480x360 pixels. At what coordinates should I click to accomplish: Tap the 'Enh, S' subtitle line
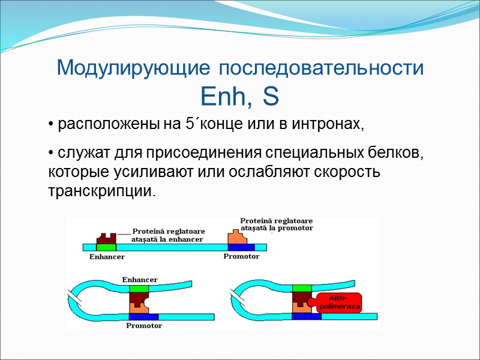240,95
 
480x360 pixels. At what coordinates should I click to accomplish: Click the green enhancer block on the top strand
106,247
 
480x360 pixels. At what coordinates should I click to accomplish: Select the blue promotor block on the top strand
241,247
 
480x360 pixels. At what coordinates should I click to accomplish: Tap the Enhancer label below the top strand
107,257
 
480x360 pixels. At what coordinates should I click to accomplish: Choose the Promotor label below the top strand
241,256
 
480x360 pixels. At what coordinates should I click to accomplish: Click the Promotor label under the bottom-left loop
144,326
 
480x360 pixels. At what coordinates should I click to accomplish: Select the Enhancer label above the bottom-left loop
140,280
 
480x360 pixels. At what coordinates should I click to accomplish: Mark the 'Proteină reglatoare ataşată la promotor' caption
277,224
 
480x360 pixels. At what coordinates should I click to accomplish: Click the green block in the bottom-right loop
303,289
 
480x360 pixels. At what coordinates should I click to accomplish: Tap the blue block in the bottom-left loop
143,317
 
